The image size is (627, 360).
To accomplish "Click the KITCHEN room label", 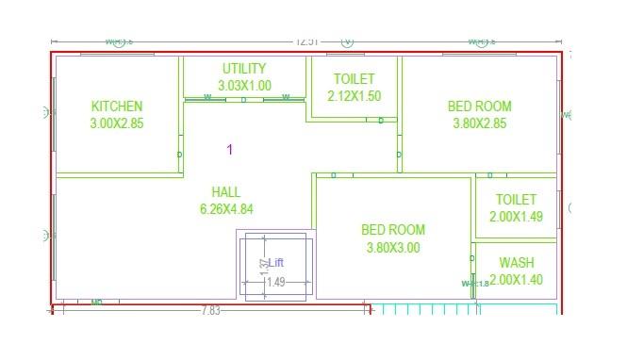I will point(117,106).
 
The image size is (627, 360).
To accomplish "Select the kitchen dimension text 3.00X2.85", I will point(117,123).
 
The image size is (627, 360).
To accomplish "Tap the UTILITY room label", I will point(244,69).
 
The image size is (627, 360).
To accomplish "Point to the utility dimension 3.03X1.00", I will point(244,86).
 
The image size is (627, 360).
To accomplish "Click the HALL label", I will point(226,192).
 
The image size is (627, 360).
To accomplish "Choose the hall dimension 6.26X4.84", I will point(226,209).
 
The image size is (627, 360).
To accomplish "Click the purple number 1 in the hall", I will point(229,150).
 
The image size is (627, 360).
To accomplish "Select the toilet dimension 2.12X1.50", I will point(355,96).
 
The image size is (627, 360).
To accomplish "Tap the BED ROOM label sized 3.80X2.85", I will point(480,106).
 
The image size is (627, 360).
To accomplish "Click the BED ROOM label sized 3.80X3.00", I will point(393,230).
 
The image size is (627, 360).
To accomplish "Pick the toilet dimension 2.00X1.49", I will point(516,217).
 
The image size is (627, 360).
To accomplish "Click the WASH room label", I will point(517,263).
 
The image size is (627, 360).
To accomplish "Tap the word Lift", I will point(276,263).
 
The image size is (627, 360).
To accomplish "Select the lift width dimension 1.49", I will point(275,282).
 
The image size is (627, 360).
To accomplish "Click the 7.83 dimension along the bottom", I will point(211,311).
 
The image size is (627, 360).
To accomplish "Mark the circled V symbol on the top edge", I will point(347,41).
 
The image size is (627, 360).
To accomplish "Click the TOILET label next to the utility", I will point(355,79).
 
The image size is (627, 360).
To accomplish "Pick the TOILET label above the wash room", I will point(516,200).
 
